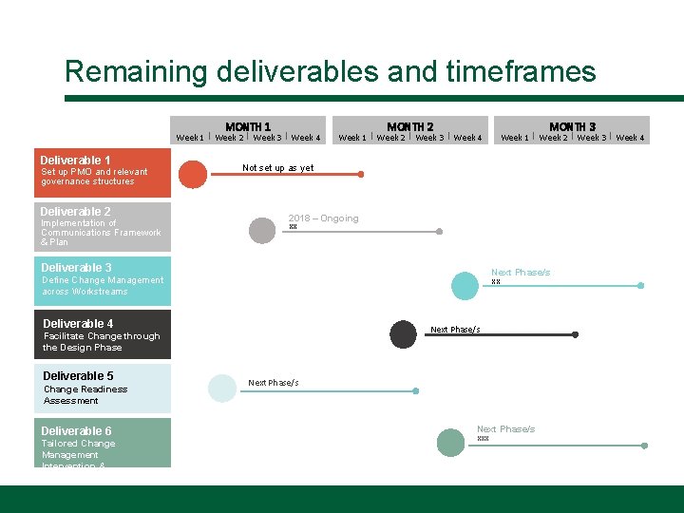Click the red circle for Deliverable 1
click(193, 175)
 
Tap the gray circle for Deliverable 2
click(261, 231)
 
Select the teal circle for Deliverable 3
click(465, 285)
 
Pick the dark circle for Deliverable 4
click(404, 333)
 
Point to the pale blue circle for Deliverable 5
click(221, 389)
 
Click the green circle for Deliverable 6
click(450, 443)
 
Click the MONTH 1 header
click(248, 126)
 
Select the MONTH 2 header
click(410, 126)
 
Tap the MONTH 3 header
click(573, 126)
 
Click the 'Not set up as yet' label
click(277, 168)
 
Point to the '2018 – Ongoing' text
click(323, 218)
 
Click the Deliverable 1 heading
click(76, 160)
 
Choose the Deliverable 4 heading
click(78, 324)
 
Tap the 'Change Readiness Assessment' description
click(85, 394)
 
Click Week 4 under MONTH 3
click(630, 138)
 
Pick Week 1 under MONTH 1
click(190, 138)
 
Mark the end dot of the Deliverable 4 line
click(576, 334)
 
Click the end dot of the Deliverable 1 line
click(360, 175)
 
